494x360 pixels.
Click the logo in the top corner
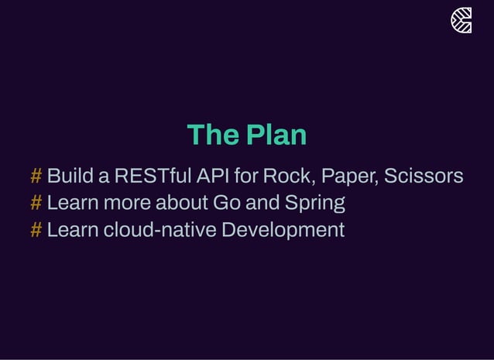[x=461, y=21]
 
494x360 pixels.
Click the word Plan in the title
[x=276, y=135]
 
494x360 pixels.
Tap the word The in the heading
[x=212, y=135]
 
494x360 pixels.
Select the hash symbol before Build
[x=36, y=177]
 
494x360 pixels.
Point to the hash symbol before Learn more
[x=36, y=204]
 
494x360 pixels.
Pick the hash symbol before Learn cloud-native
[x=36, y=230]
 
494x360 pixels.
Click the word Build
[x=70, y=177]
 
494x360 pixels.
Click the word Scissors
[x=424, y=177]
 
